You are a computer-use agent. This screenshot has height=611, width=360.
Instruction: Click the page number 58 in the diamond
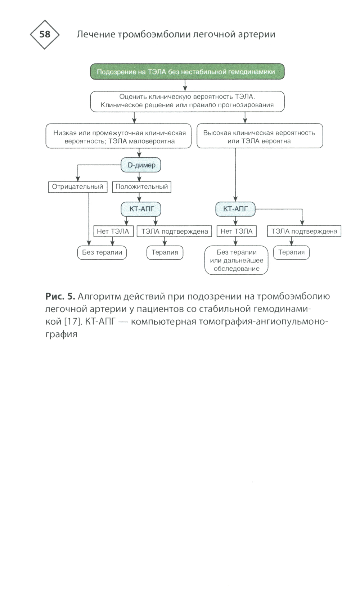(x=45, y=35)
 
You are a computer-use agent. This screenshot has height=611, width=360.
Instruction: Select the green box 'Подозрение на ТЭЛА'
(x=187, y=72)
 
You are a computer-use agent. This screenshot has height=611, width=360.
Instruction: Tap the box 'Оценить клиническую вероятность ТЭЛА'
(x=187, y=101)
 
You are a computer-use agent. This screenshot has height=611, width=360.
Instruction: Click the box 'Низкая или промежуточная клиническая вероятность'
(x=118, y=137)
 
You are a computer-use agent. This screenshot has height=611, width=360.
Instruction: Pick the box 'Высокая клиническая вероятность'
(x=259, y=137)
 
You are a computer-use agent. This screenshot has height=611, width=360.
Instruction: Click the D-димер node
(x=141, y=165)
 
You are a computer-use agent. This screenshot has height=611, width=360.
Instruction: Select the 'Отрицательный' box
(x=78, y=187)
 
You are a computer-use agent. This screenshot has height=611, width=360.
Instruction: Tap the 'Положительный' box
(x=141, y=187)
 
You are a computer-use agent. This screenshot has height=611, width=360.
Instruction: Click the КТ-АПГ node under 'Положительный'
(x=141, y=209)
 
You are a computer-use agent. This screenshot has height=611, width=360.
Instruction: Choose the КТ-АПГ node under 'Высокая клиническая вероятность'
(x=235, y=209)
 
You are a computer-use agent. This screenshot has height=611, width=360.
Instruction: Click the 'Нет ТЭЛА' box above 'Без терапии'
(x=113, y=231)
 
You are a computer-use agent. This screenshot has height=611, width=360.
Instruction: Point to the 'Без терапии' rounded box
(x=102, y=252)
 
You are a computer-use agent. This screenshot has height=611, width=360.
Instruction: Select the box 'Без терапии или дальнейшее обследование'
(x=237, y=260)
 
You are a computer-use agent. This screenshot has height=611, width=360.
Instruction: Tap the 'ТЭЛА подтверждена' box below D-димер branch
(x=175, y=231)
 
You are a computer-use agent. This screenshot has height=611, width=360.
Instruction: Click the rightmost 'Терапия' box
(x=292, y=252)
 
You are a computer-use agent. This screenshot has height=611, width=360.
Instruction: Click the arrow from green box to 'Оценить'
(x=185, y=85)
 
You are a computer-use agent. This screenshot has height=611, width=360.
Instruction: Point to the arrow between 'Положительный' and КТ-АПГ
(x=140, y=197)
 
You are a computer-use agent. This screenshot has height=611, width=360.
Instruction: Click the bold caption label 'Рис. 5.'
(x=60, y=296)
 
